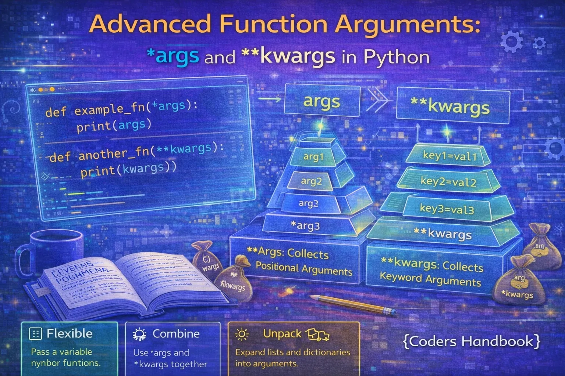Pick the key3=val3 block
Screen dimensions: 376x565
[x=447, y=209]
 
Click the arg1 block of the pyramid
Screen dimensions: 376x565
[x=313, y=157]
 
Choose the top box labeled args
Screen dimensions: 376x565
[x=321, y=101]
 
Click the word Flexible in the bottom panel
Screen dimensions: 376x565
[x=70, y=333]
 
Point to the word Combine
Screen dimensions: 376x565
[x=176, y=333]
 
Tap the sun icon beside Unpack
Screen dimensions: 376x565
[x=242, y=334]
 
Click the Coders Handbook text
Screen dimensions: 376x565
[x=472, y=341]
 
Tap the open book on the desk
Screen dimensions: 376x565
[x=125, y=285]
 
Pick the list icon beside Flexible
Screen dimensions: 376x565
[x=35, y=334]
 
